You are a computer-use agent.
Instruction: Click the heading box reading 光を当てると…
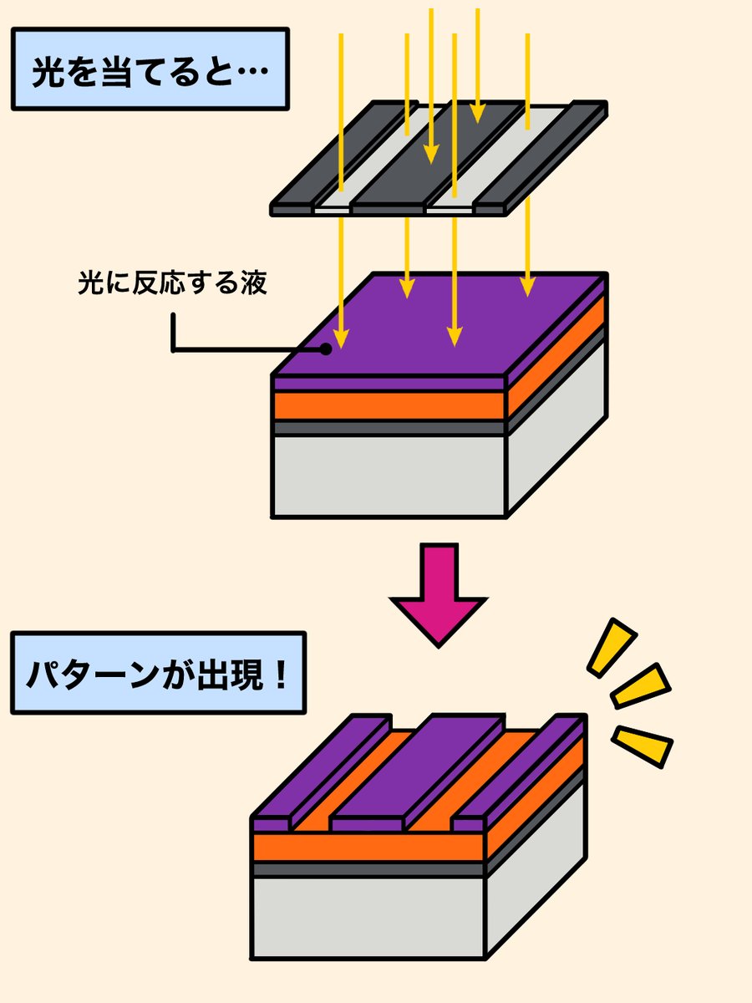pyautogui.click(x=150, y=69)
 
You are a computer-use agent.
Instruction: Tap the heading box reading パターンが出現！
pyautogui.click(x=158, y=673)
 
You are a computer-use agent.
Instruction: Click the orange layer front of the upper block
pyautogui.click(x=389, y=405)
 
